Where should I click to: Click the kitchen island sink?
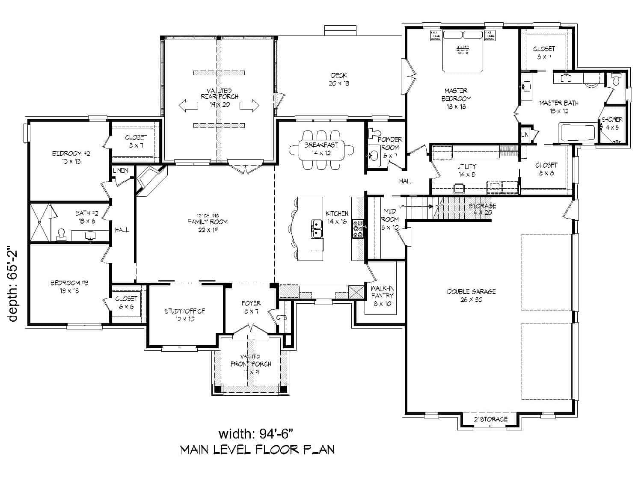click(x=317, y=228)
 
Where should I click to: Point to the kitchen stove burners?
click(x=358, y=228)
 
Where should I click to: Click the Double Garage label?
click(x=471, y=295)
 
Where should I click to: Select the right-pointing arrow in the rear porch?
click(x=250, y=105)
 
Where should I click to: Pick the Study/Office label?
click(x=185, y=315)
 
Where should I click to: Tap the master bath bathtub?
click(x=577, y=132)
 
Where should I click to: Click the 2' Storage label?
click(x=490, y=419)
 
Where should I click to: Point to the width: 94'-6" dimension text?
click(x=256, y=434)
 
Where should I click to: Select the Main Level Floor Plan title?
click(x=257, y=450)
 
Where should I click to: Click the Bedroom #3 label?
click(x=69, y=287)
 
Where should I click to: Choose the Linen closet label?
click(x=120, y=171)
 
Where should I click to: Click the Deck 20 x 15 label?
click(x=339, y=79)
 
